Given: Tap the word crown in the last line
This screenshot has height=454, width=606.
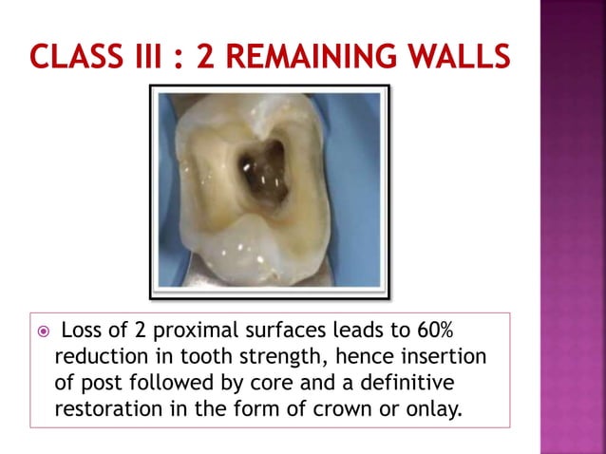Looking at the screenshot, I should (325, 407).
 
